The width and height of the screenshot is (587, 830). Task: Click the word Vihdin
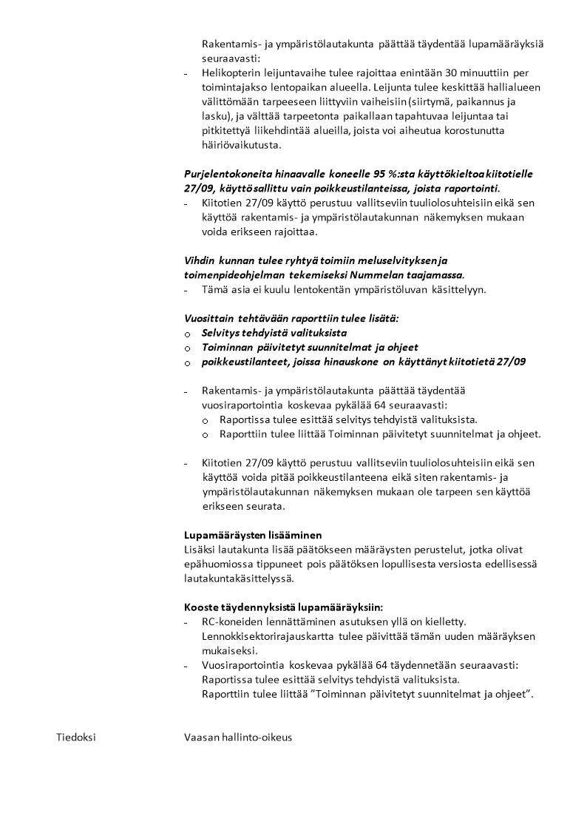pos(199,260)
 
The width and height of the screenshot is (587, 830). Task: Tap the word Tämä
pos(215,289)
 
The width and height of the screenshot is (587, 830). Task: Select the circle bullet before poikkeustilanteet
pos(188,362)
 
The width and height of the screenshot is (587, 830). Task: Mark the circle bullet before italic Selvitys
pos(188,334)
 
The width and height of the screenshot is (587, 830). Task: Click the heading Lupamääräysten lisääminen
pos(253,535)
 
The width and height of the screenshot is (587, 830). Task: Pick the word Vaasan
pos(201,738)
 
